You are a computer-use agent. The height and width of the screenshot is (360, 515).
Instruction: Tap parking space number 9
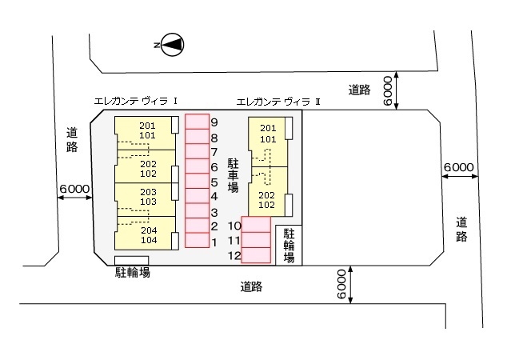click(196, 122)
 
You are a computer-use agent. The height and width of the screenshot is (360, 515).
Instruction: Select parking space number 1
click(196, 239)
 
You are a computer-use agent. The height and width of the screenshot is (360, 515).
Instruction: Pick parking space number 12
click(256, 255)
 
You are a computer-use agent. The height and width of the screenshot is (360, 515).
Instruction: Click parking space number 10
click(256, 226)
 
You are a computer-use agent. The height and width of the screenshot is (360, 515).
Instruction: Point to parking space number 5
click(196, 181)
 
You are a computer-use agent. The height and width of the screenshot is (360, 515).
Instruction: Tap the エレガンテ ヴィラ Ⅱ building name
click(279, 102)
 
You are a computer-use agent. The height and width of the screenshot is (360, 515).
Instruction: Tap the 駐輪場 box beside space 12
click(289, 246)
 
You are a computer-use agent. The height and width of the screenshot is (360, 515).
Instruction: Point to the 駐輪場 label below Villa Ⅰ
click(132, 272)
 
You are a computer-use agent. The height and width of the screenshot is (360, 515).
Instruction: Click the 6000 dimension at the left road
click(74, 189)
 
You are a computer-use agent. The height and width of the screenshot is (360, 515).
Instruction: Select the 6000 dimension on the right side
click(459, 168)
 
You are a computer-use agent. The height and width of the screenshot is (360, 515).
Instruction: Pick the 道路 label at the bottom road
click(251, 286)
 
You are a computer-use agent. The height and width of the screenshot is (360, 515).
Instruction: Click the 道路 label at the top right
click(360, 90)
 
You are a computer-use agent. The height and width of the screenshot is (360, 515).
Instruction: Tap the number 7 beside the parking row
click(214, 152)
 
